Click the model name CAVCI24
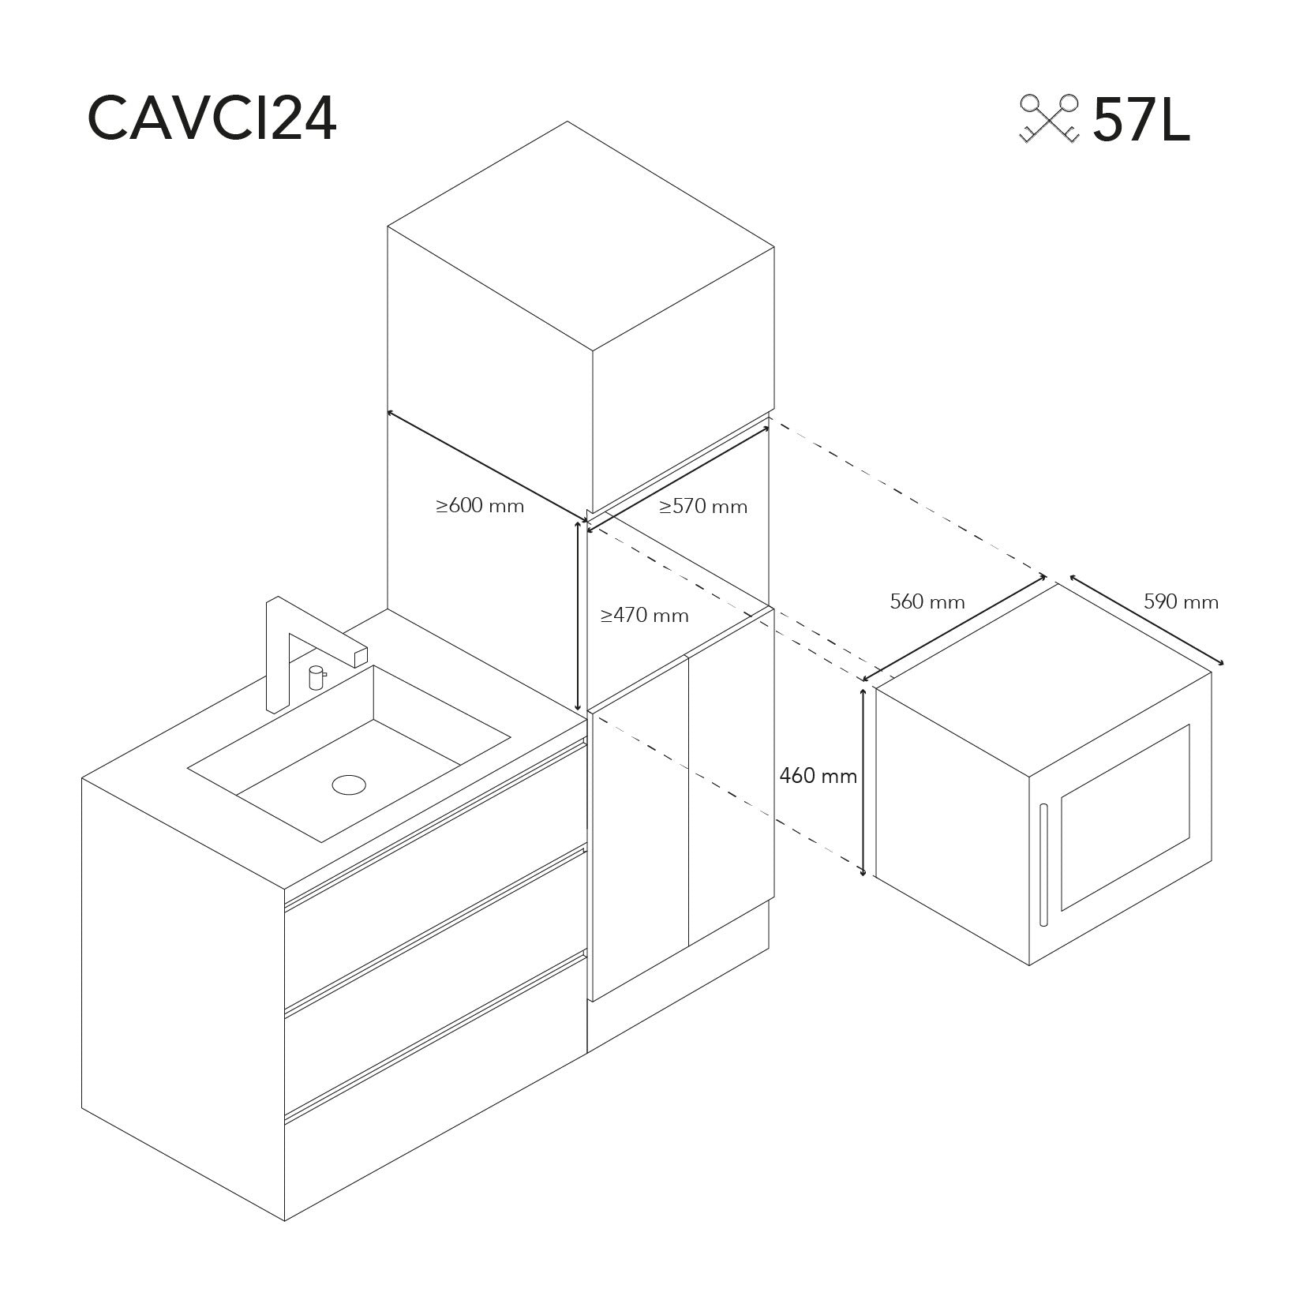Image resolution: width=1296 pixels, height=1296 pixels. [x=212, y=119]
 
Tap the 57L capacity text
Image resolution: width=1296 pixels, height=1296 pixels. [x=1141, y=119]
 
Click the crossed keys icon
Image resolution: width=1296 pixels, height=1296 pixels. [x=1049, y=118]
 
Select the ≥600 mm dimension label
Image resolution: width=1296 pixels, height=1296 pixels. [x=480, y=505]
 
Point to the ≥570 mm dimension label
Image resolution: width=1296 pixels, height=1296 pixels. [x=703, y=506]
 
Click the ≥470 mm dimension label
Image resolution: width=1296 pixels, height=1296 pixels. [x=645, y=615]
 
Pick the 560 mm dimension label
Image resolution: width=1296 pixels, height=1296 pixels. [x=927, y=601]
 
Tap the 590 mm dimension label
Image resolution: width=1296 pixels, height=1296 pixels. [x=1182, y=601]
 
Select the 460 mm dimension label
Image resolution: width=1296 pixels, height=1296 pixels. [x=818, y=776]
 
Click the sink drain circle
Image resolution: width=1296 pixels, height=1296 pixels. [x=349, y=785]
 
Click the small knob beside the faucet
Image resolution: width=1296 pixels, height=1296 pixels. [x=317, y=678]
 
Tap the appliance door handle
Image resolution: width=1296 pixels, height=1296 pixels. [x=1043, y=864]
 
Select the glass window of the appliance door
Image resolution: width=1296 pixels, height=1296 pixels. [x=1125, y=818]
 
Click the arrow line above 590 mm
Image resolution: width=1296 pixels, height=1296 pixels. [x=1147, y=620]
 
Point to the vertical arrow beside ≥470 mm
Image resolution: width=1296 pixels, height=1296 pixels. [x=579, y=616]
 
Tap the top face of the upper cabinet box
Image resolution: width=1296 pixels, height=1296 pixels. [x=580, y=236]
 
